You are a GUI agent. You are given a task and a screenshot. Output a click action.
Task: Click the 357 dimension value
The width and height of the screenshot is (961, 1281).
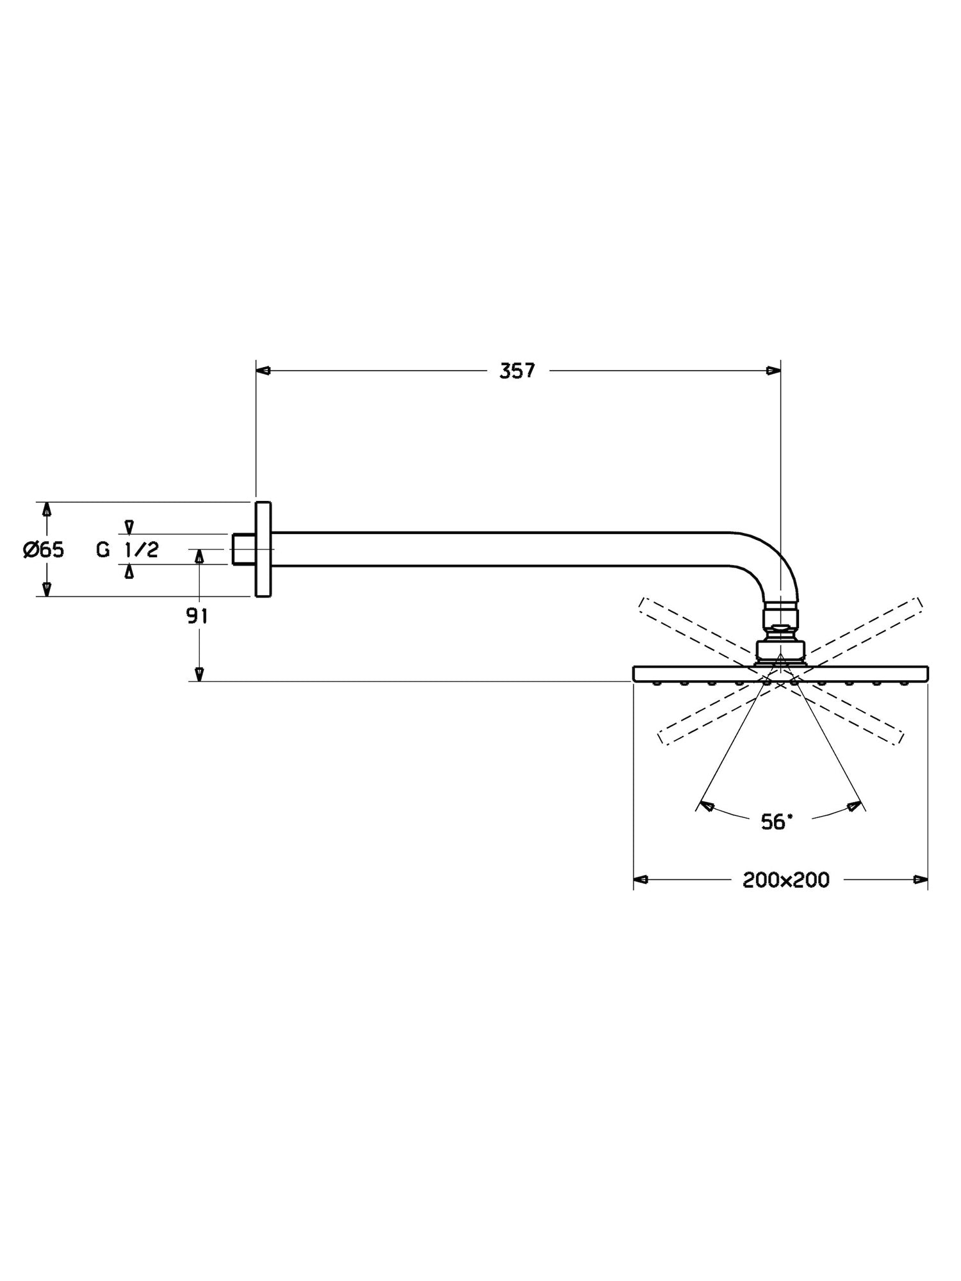[517, 371]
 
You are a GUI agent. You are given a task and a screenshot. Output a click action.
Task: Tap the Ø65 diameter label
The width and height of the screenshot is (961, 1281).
[44, 550]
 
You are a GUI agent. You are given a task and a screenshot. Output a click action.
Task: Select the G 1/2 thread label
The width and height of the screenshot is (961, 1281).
[127, 550]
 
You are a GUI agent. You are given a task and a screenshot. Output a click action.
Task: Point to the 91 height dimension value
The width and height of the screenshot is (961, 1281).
[197, 616]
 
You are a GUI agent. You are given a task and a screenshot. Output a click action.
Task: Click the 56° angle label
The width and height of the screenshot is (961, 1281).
[776, 822]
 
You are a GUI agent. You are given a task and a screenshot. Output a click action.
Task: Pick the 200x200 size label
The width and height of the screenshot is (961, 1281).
[786, 880]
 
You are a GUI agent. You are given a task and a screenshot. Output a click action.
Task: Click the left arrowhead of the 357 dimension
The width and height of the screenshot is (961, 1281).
[263, 370]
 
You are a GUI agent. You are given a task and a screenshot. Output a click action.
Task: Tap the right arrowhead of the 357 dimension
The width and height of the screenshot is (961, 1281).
[774, 370]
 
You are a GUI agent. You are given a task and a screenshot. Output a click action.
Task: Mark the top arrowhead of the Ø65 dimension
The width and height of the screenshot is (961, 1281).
[46, 509]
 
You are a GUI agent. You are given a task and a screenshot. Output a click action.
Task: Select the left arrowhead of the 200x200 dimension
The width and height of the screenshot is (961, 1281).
[641, 879]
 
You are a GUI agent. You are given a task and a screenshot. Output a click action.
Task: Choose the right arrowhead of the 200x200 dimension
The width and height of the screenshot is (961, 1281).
[921, 879]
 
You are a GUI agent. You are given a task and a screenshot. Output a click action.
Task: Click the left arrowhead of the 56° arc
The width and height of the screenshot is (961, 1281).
[707, 806]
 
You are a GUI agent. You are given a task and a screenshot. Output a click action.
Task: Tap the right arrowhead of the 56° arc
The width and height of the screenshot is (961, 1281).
[853, 806]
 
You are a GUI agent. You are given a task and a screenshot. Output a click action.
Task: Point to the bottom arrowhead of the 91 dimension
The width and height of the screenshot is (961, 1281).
[199, 674]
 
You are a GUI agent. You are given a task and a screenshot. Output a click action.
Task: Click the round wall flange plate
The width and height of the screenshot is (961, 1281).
[263, 550]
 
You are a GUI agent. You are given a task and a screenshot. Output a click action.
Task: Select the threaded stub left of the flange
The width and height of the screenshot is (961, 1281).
[242, 550]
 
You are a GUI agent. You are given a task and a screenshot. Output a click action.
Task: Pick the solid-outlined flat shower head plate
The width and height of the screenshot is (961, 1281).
[780, 674]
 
